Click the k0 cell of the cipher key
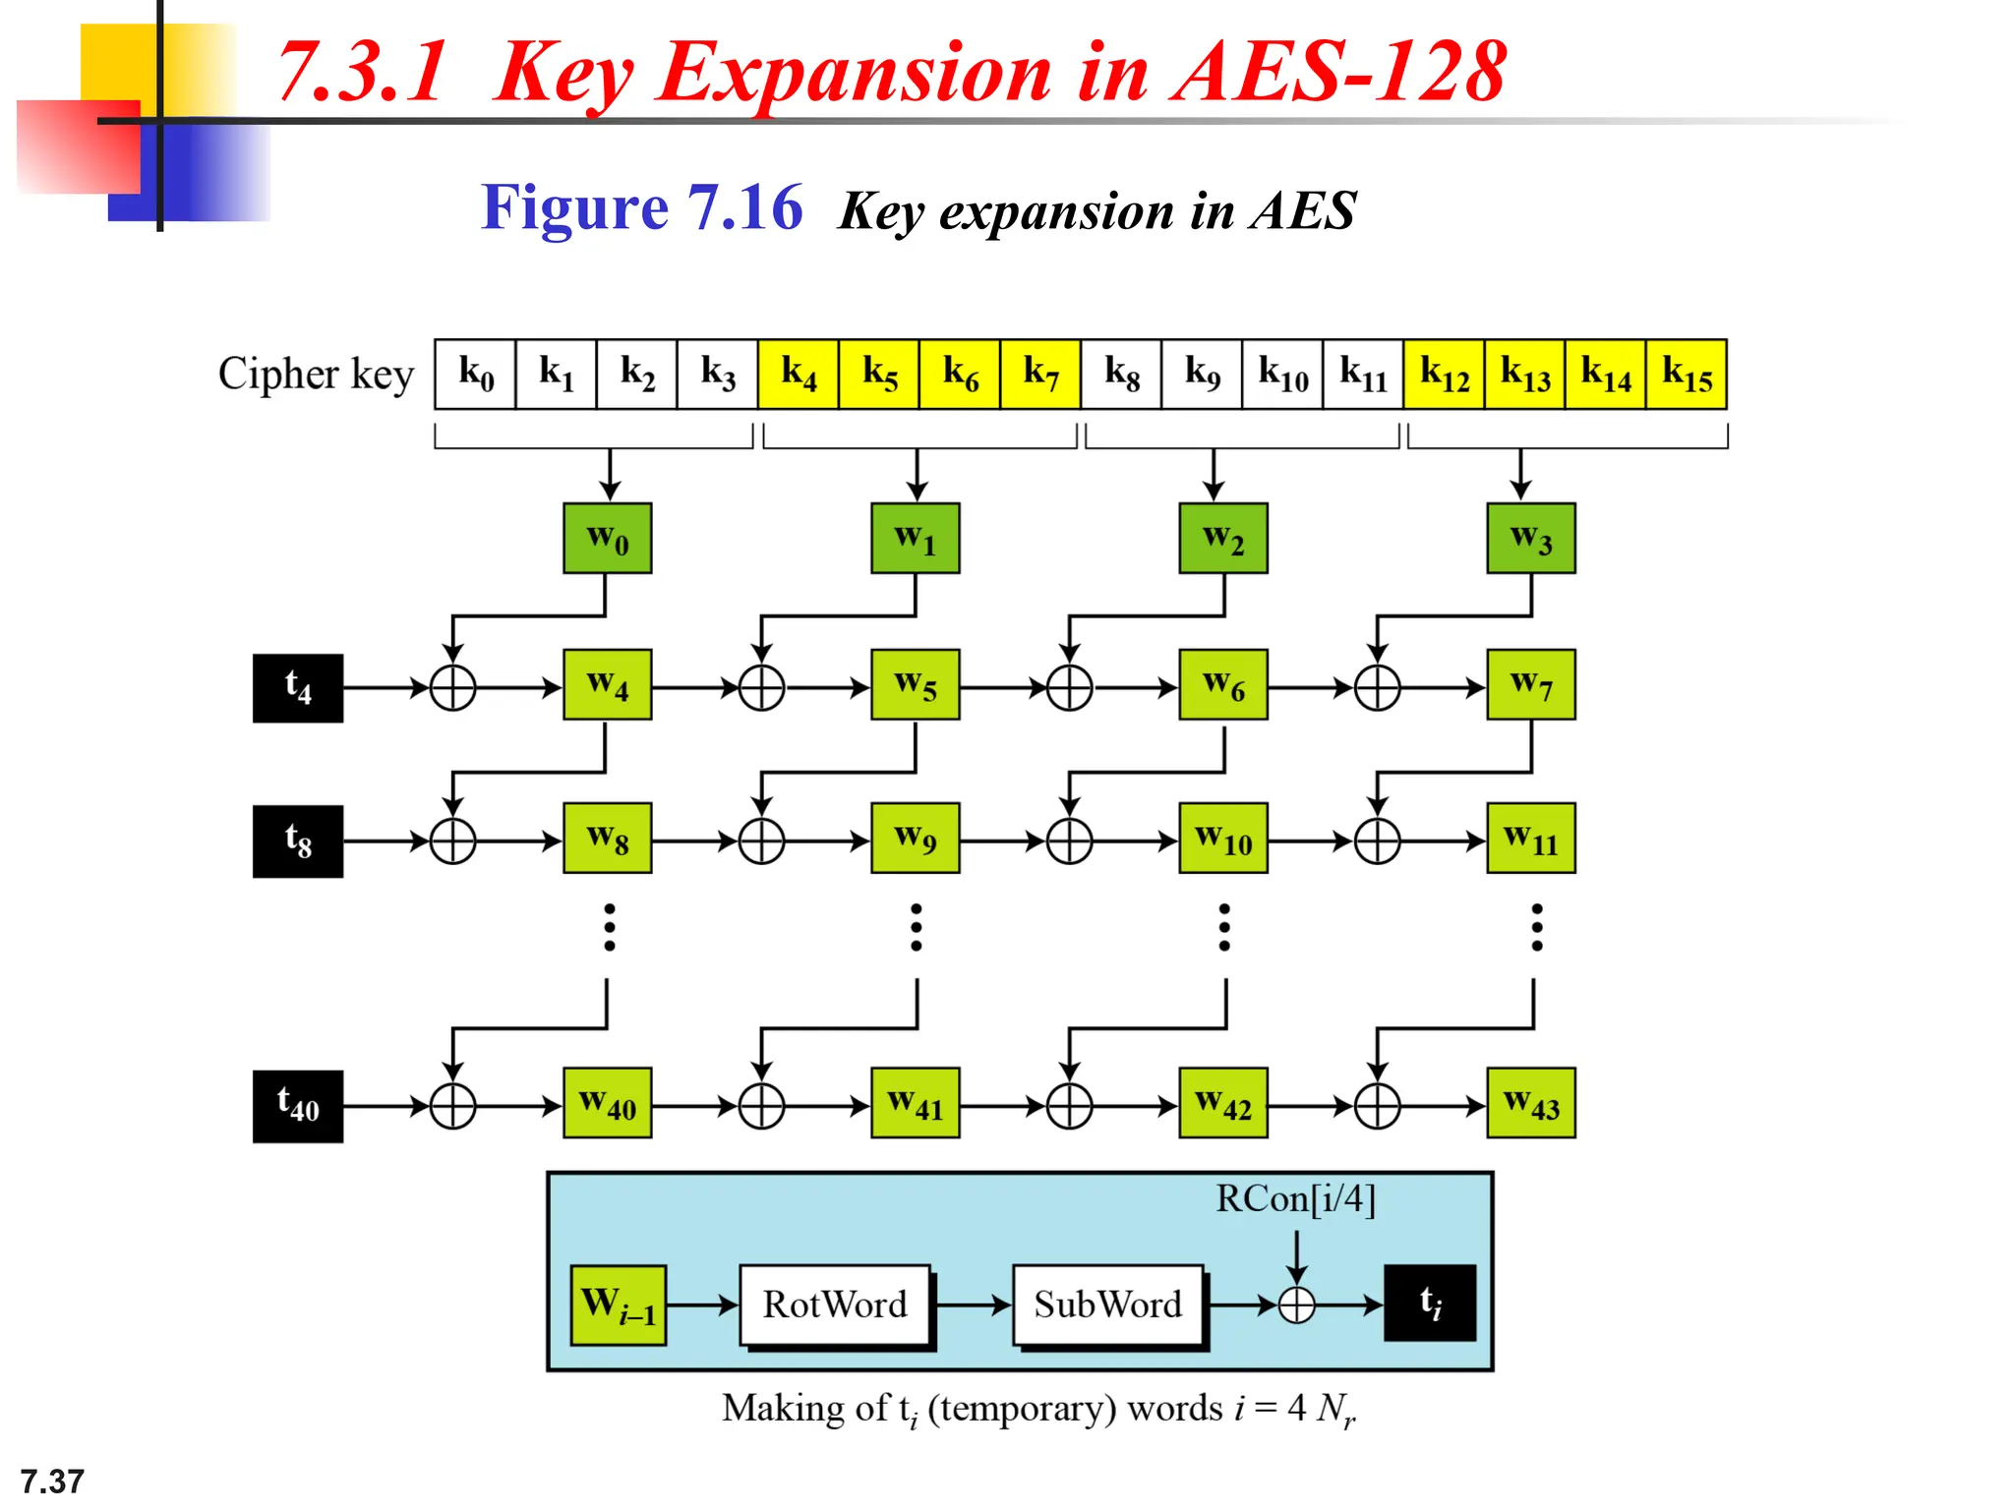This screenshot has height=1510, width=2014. coord(475,375)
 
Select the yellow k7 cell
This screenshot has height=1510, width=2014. coord(1040,375)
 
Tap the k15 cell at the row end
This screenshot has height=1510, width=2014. coord(1687,375)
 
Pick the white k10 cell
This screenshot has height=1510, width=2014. coord(1282,375)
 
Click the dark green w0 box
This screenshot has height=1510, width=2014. coord(607,539)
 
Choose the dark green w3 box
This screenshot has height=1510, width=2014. coord(1530,539)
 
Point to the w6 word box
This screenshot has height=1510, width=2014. coord(1223,685)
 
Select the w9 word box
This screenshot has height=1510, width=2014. coord(915,839)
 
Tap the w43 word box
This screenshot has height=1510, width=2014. coord(1530,1104)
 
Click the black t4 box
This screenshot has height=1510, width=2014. coord(298,688)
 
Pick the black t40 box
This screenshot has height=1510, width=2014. coord(298,1106)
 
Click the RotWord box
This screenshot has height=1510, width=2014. coord(835,1306)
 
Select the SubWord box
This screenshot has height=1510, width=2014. coord(1107,1306)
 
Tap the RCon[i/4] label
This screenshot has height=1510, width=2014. coord(1295,1199)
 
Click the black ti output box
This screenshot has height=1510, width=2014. coord(1430,1304)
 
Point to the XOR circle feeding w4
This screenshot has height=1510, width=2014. coord(452,688)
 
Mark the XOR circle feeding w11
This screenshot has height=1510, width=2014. coord(1377,842)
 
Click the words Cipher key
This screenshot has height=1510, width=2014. coord(316,375)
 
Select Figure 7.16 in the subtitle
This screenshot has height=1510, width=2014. coord(641,208)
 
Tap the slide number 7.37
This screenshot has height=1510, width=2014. coord(52,1481)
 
